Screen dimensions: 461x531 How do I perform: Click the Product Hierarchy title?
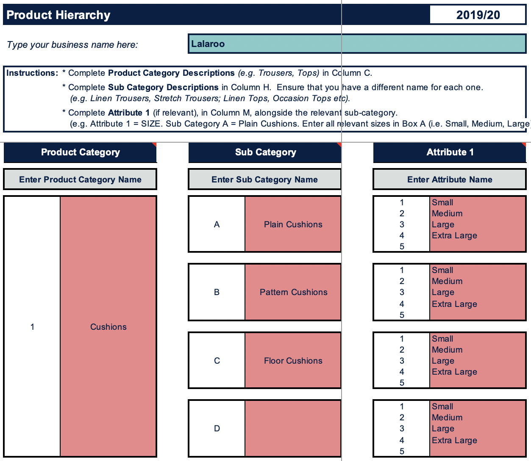[x=58, y=15]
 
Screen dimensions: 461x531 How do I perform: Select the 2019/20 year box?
[x=478, y=15]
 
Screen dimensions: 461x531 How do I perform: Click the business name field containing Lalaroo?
[x=356, y=44]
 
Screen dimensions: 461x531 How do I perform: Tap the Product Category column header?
[x=80, y=152]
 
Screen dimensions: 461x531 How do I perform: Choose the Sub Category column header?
[x=265, y=152]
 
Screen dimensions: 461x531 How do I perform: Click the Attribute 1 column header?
[x=450, y=152]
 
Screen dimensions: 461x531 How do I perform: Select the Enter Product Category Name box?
[x=80, y=179]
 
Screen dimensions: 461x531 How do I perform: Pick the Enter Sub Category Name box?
[x=264, y=179]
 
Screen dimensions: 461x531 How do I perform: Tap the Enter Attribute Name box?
[x=450, y=179]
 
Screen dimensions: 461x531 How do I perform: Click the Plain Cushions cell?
[x=293, y=224]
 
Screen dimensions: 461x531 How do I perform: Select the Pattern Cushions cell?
[x=293, y=292]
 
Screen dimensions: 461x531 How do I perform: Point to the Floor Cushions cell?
[x=293, y=361]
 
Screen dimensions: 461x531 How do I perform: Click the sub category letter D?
[x=217, y=428]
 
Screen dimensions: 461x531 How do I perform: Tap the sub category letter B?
[x=217, y=292]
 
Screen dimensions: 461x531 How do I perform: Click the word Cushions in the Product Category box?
[x=108, y=327]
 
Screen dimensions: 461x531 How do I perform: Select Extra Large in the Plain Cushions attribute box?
[x=454, y=235]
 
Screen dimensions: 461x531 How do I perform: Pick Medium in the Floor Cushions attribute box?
[x=447, y=350]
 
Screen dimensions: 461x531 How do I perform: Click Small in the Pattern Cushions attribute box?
[x=442, y=270]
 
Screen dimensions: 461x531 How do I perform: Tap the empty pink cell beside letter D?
[x=293, y=428]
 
